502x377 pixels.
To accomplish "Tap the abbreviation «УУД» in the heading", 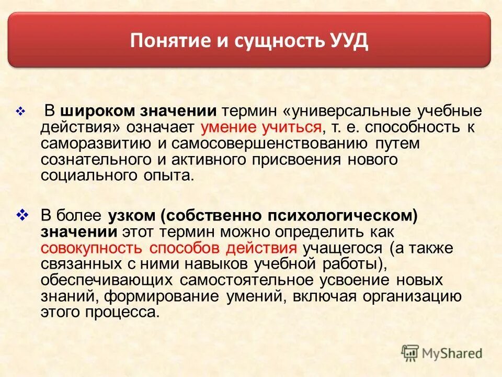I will tap(348, 41).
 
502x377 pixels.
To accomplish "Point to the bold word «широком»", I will tap(97, 112).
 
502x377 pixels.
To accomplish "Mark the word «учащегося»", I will tap(341, 248).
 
